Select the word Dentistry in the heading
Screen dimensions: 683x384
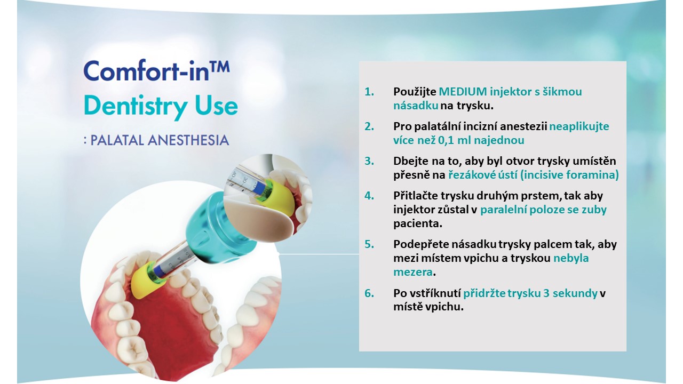click(136, 107)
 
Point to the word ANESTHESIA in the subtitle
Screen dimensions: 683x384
click(188, 140)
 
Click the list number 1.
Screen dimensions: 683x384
click(369, 91)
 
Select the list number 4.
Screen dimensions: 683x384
click(369, 195)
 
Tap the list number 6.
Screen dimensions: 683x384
click(369, 293)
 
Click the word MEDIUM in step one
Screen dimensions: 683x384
click(463, 91)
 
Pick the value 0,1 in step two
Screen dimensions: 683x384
click(446, 140)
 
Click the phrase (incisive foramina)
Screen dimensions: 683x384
click(569, 175)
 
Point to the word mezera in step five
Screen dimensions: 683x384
click(413, 272)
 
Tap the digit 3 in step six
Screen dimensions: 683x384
click(546, 293)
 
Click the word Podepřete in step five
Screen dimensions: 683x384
click(420, 244)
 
